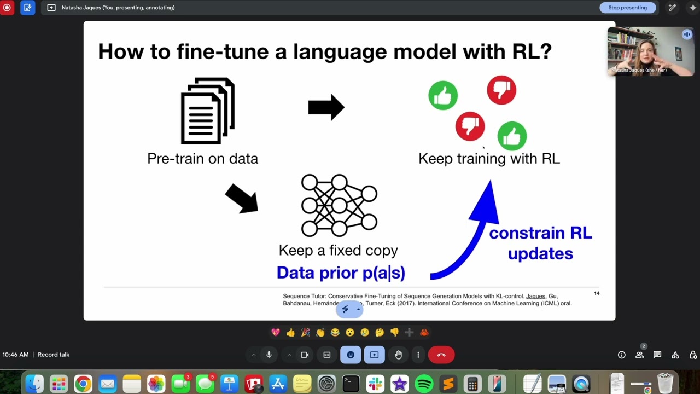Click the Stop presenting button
coord(627,8)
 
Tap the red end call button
coord(441,355)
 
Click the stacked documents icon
coord(208,111)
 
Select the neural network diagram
coord(339,205)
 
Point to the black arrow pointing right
coord(326,107)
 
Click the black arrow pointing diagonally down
coord(242,198)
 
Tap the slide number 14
coord(597,293)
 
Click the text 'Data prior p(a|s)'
coord(341,273)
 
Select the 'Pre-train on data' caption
coord(202,159)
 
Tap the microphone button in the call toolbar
coord(269,355)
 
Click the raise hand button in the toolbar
coord(398,355)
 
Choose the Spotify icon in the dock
coord(424,384)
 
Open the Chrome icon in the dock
coord(83,384)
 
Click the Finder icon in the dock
coord(34,384)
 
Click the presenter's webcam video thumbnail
coord(650,51)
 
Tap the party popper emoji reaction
coord(305,332)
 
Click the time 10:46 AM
coord(15,355)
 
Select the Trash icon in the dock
coord(665,383)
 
